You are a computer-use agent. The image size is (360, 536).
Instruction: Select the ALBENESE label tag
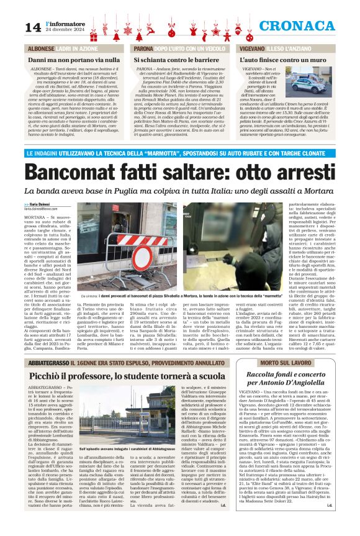point(41,48)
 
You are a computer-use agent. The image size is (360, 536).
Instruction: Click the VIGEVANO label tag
point(256,48)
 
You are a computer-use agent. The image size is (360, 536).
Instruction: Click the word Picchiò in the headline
point(52,377)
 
